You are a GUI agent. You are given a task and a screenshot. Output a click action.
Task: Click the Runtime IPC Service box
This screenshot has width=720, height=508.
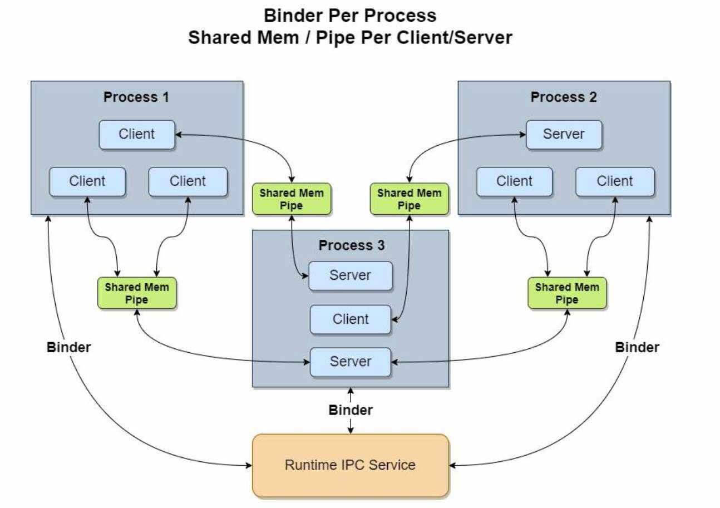350,465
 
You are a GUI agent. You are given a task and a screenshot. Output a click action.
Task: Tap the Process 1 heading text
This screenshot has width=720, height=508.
136,97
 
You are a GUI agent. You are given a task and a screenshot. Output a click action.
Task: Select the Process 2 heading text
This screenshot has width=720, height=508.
563,97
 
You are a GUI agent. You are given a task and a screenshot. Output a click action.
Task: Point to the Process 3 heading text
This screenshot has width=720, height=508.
351,245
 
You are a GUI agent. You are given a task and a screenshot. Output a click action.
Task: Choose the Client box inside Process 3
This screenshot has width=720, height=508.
351,319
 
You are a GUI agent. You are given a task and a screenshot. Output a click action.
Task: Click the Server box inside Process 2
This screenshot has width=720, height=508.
564,134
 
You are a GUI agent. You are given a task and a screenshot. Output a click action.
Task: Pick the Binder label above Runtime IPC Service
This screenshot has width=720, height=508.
351,411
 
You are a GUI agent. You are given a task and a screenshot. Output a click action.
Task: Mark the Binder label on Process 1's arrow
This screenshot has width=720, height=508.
68,347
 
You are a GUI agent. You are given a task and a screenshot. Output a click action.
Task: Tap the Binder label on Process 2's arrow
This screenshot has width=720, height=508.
637,347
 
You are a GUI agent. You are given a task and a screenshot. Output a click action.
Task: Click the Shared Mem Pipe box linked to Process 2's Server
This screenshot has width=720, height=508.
409,199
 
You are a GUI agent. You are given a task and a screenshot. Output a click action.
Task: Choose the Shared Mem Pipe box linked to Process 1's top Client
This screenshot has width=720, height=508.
292,199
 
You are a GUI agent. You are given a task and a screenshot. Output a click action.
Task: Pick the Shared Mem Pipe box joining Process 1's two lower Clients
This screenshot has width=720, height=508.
137,293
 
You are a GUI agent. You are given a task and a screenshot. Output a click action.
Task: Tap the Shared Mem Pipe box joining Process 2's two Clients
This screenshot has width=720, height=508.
567,293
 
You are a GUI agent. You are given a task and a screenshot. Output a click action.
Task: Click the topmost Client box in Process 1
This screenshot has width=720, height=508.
137,134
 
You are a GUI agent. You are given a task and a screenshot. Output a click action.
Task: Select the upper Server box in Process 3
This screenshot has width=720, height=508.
351,275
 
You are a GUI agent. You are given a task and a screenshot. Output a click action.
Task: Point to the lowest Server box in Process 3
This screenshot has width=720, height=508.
351,361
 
